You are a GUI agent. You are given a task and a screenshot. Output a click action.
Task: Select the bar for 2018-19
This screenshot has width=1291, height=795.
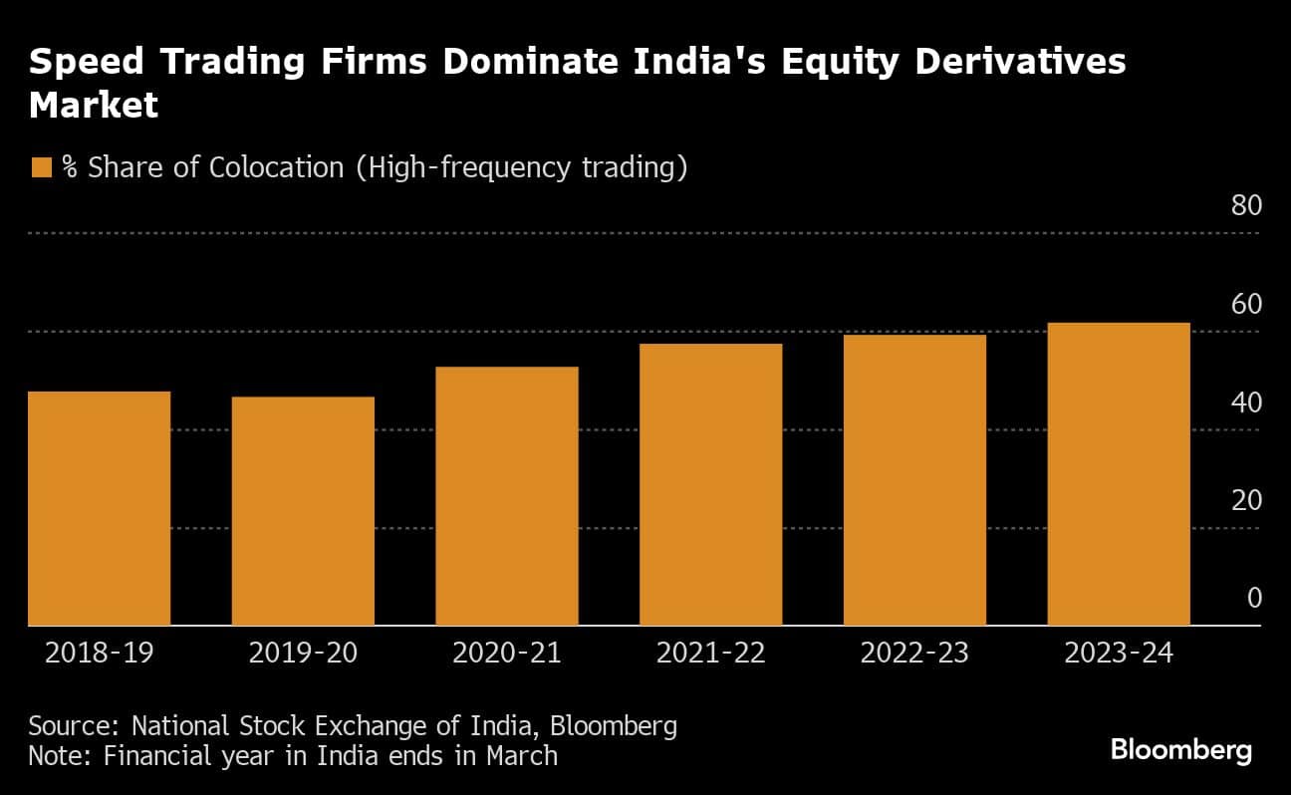pos(99,508)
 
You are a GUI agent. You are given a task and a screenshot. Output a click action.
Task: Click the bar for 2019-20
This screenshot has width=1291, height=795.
pos(303,511)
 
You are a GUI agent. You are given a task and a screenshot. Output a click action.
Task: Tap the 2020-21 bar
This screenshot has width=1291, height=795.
pos(506,496)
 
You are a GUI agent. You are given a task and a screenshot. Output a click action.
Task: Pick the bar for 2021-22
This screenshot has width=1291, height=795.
pos(710,484)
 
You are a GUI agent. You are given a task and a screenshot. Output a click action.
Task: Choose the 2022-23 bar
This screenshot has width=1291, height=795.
pos(914,480)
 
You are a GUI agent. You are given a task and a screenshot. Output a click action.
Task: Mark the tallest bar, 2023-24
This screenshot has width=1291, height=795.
pos(1119,474)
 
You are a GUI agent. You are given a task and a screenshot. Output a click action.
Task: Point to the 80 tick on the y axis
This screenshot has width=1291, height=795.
pos(1246,206)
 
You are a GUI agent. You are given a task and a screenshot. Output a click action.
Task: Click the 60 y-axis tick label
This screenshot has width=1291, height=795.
pos(1246,305)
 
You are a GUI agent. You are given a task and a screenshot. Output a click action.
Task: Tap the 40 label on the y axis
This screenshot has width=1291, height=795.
pos(1246,402)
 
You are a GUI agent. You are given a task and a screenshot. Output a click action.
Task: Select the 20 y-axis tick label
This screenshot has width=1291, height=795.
pos(1246,500)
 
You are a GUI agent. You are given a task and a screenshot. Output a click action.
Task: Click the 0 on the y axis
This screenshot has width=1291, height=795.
pos(1254,598)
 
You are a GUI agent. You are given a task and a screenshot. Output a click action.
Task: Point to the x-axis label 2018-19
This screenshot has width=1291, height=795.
pos(100,655)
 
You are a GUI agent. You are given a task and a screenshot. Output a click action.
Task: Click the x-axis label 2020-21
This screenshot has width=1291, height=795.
pos(506,655)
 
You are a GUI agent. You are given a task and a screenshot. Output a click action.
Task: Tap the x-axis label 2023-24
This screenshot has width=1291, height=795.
pos(1119,655)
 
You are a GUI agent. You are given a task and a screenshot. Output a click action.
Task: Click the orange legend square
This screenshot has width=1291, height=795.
pos(41,167)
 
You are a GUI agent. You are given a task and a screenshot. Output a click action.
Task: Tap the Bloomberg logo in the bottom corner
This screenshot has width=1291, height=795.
pos(1181,750)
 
